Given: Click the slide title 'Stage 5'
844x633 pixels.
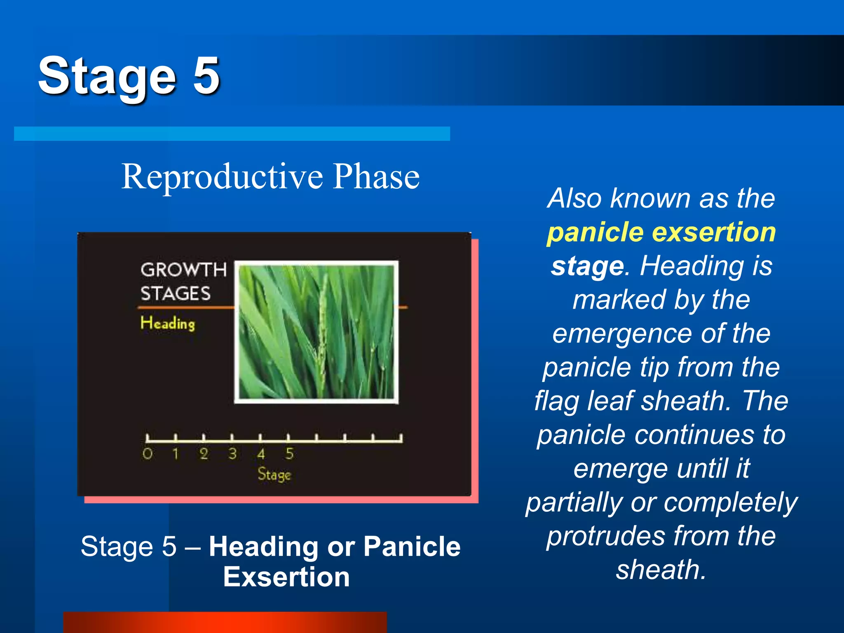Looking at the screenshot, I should [129, 76].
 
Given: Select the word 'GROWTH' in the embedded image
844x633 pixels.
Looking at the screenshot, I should [183, 270].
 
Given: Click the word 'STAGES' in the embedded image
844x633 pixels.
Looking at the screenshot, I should [176, 294].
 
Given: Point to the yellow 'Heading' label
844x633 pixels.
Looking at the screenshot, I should [167, 324].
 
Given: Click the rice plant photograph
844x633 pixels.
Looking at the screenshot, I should [316, 332].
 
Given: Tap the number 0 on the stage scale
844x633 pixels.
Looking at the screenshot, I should [148, 454].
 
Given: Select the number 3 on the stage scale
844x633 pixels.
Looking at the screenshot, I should [232, 454].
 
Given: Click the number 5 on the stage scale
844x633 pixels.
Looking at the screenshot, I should [289, 454].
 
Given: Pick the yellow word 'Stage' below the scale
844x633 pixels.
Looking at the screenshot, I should [274, 474].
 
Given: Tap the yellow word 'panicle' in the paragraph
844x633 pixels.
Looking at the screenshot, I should [595, 232].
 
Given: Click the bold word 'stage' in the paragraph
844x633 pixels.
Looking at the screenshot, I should [588, 266].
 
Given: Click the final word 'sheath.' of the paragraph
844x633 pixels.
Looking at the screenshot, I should [661, 570].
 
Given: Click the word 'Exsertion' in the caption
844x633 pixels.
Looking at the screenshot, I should [286, 577].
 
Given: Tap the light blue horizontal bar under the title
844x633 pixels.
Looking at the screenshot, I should [232, 134].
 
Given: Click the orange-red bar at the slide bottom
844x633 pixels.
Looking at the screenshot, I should [225, 622].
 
